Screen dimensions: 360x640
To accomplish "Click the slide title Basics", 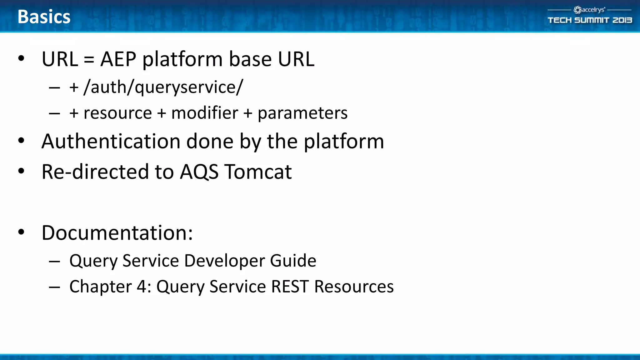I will click(44, 17).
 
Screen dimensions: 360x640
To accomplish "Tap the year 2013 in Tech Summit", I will click(622, 20).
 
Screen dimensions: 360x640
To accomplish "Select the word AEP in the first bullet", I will click(118, 59).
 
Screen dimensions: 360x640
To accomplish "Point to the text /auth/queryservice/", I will click(163, 87).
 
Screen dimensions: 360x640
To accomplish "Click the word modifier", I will click(205, 113).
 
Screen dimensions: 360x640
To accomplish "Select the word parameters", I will click(302, 113).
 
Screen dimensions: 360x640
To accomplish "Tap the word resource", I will click(117, 113).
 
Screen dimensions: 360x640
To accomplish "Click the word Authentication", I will click(111, 141).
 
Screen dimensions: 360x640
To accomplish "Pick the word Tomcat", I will click(258, 172).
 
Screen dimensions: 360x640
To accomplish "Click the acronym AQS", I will click(199, 172).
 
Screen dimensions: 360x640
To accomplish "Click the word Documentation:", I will click(117, 233).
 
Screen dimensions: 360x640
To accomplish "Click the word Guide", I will click(293, 261).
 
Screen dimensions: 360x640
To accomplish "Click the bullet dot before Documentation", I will click(21, 232).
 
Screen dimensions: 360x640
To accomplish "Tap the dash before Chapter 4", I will click(54, 287).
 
